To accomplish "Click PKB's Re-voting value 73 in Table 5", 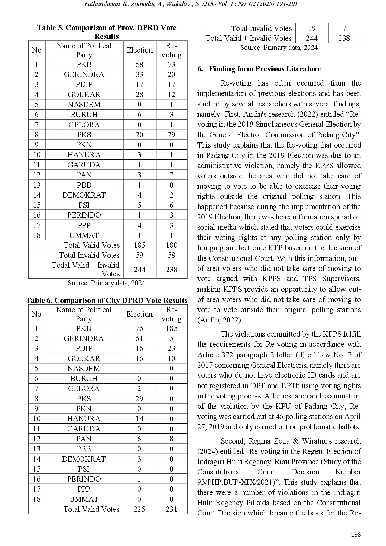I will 172,64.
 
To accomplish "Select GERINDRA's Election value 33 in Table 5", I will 139,74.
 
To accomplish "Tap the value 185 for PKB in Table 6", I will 172,328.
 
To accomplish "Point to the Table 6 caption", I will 106,300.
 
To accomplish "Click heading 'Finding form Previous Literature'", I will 265,69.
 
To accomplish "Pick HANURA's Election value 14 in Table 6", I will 139,419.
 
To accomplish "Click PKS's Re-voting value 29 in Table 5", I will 172,135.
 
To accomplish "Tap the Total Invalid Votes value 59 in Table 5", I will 139,255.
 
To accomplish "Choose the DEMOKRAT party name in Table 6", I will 84,459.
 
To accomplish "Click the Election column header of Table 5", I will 139,50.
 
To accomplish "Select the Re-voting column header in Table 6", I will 172,314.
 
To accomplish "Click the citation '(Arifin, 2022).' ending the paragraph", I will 220,320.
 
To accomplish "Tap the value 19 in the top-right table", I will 312,28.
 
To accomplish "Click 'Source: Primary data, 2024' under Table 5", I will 106,283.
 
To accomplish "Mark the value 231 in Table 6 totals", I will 172,509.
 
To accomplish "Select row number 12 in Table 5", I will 37,175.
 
